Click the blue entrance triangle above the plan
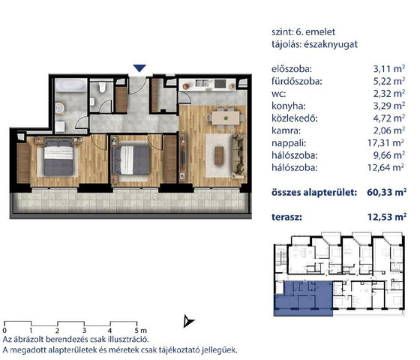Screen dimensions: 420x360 click(x=139, y=68)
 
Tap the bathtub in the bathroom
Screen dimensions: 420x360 click(x=71, y=85)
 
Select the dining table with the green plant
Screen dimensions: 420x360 click(x=226, y=118)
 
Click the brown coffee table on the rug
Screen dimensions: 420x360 click(x=219, y=156)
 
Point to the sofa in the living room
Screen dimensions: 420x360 click(x=238, y=156)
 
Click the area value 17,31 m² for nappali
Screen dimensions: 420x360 click(x=385, y=142)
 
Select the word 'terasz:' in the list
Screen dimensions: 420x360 click(x=286, y=217)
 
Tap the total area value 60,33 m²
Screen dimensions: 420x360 click(x=387, y=192)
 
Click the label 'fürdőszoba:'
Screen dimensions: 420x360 click(x=296, y=81)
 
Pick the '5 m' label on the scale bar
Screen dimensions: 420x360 click(x=141, y=330)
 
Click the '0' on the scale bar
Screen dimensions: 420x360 click(x=4, y=330)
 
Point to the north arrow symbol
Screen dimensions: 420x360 click(x=188, y=321)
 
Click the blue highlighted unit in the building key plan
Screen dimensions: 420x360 click(x=303, y=298)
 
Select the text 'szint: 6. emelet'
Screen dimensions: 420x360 click(x=303, y=31)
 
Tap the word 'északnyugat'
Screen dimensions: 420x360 click(x=331, y=44)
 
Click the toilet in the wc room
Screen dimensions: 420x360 click(x=102, y=87)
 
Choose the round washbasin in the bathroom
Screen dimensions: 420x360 click(x=59, y=108)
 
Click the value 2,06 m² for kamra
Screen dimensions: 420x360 click(x=389, y=130)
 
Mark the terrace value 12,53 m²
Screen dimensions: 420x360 click(x=387, y=217)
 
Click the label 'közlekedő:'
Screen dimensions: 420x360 click(x=295, y=118)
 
